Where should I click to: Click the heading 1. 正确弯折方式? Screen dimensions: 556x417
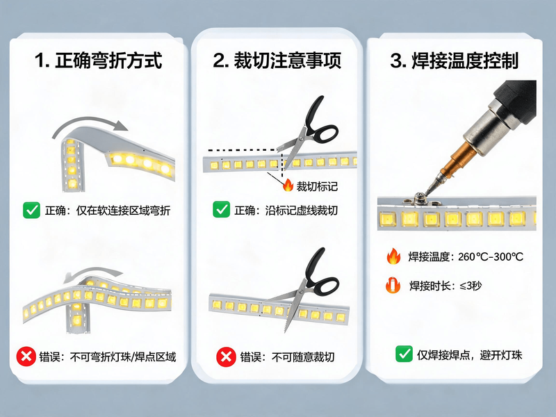[98, 60]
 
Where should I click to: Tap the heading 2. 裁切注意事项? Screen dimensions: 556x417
[277, 60]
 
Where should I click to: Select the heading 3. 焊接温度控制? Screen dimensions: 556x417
[455, 60]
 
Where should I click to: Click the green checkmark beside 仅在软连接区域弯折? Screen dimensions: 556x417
[31, 211]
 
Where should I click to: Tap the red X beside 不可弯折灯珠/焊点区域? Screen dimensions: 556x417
[26, 357]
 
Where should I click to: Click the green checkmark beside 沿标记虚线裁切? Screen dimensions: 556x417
[221, 210]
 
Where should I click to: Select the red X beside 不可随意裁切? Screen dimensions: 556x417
[226, 357]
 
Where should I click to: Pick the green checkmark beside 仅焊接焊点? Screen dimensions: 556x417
[404, 354]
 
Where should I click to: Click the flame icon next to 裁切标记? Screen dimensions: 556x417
[288, 185]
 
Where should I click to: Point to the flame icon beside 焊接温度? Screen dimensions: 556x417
[393, 256]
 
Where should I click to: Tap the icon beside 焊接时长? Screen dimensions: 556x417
[393, 285]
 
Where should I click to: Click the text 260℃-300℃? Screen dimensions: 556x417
[491, 256]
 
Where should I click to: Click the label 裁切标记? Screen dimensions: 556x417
[317, 186]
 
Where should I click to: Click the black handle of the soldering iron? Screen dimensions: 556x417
[518, 99]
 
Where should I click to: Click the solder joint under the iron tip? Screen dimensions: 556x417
[420, 199]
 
